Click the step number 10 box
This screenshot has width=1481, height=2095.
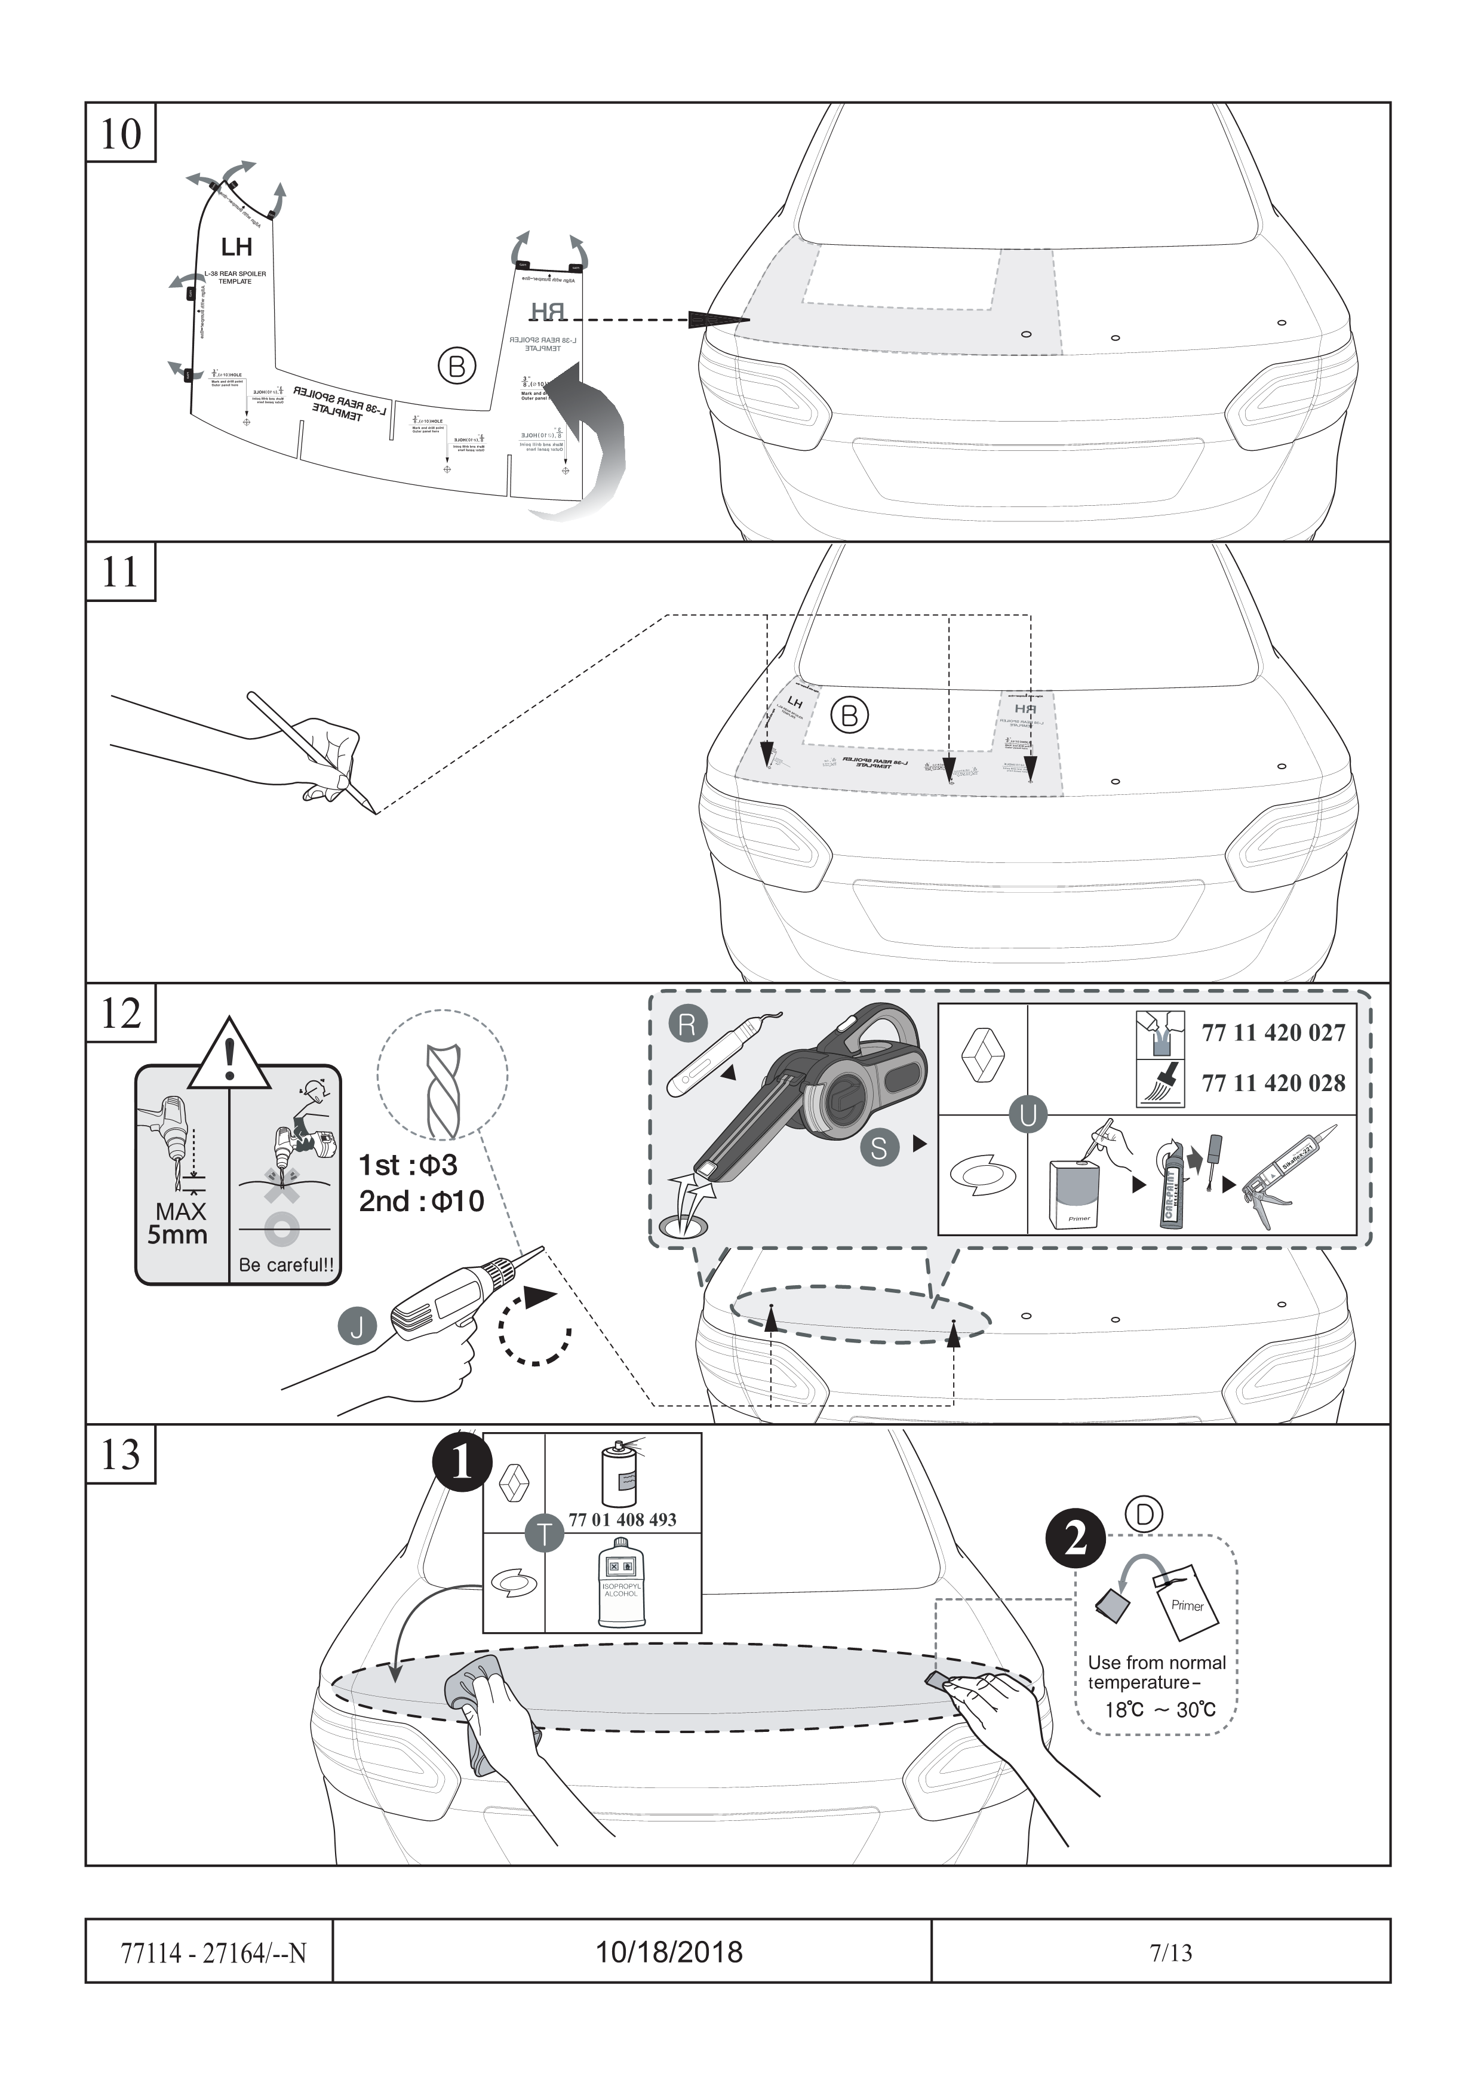(x=121, y=133)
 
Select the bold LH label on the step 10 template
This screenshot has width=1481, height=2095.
(x=236, y=247)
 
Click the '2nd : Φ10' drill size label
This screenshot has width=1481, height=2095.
(x=420, y=1201)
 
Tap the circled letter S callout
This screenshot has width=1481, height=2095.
(x=878, y=1148)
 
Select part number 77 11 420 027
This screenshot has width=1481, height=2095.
(x=1273, y=1033)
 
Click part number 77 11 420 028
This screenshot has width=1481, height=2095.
(x=1273, y=1083)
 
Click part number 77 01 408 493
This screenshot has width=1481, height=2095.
(x=622, y=1520)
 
